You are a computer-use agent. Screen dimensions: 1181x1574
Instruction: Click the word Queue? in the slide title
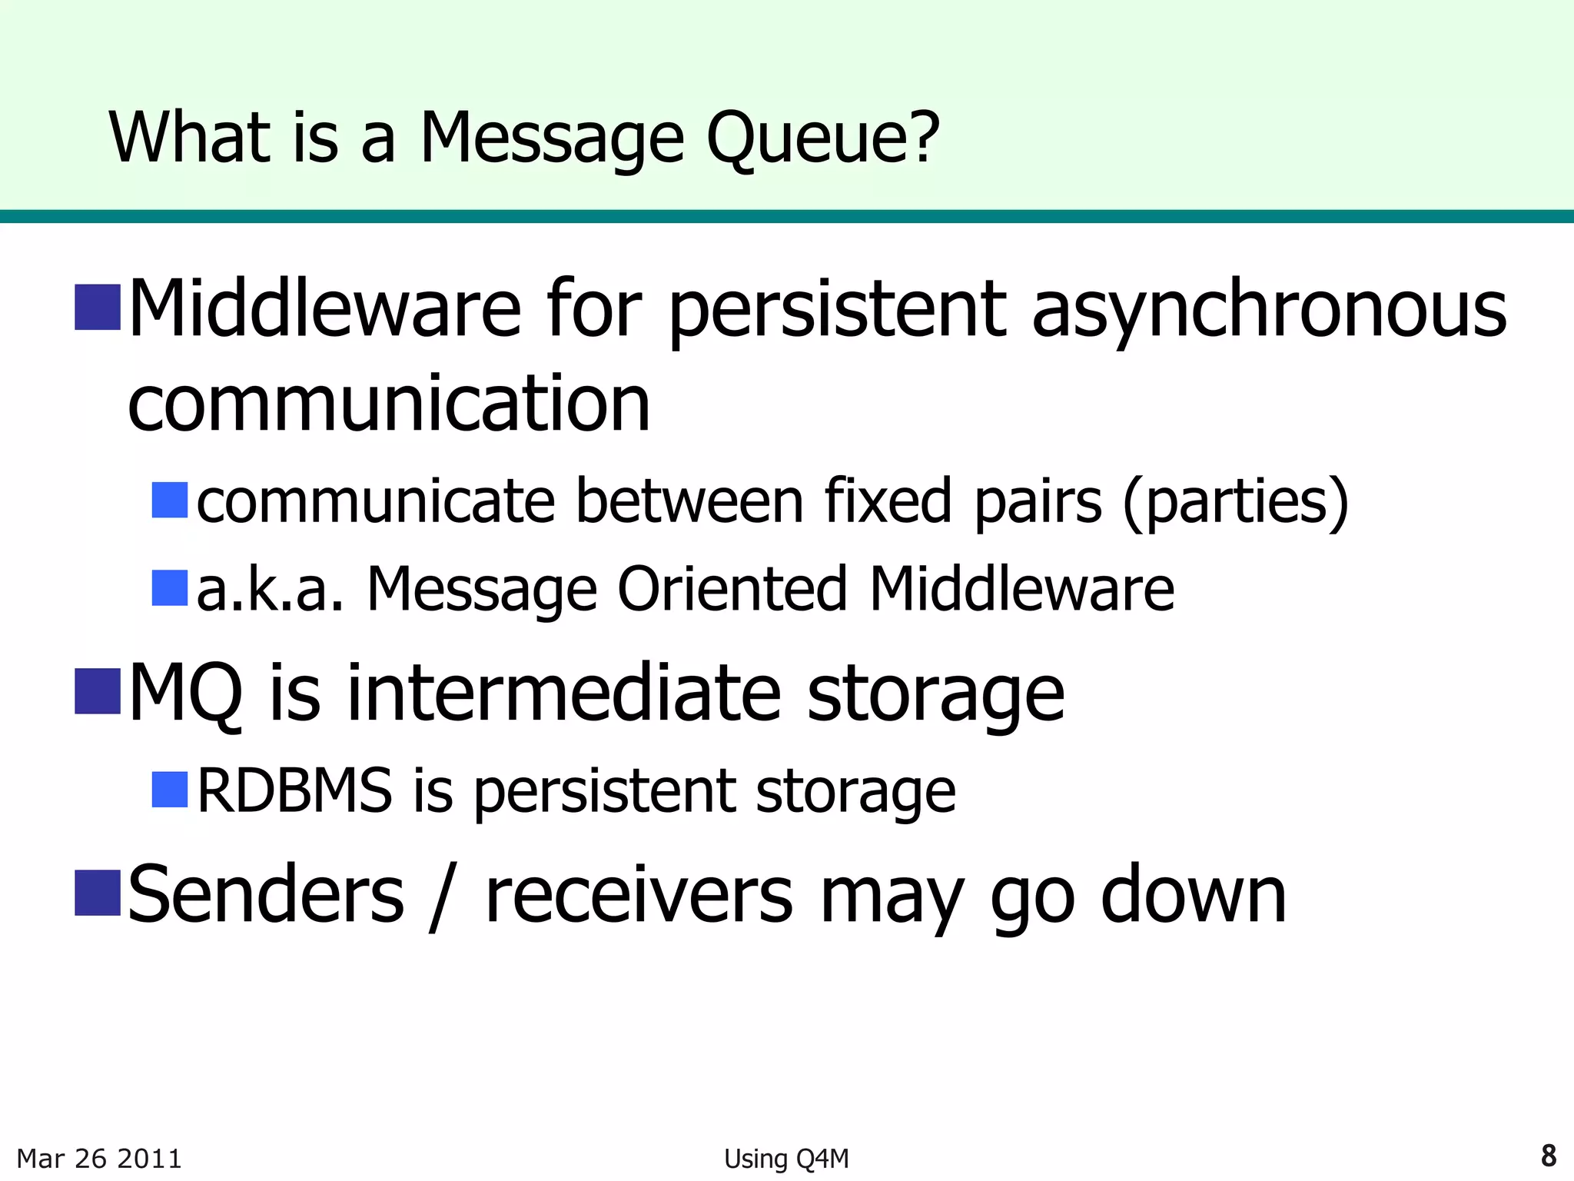click(822, 138)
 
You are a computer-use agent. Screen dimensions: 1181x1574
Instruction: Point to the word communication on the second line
click(389, 404)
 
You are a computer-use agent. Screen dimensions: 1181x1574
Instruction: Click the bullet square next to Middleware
click(98, 307)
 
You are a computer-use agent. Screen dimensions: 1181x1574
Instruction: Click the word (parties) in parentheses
click(1235, 501)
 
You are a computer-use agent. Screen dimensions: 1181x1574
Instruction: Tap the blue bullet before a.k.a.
click(170, 588)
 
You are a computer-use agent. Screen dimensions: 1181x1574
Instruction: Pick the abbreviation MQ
click(185, 693)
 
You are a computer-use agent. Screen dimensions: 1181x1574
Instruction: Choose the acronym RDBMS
click(295, 790)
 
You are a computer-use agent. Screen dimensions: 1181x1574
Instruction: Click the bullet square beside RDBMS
click(170, 790)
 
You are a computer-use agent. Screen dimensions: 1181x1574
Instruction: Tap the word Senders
click(266, 894)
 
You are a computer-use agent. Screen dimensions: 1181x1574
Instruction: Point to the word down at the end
click(1193, 894)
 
